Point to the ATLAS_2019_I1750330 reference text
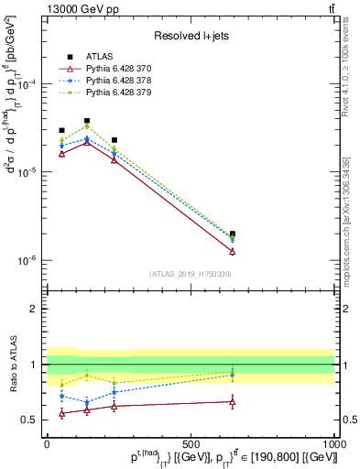point(191,274)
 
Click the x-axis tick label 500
point(191,444)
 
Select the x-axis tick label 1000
point(333,444)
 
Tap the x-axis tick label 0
point(47,444)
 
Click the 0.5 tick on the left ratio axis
point(33,420)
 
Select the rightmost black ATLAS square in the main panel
point(233,234)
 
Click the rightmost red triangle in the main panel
point(233,251)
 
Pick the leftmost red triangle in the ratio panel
point(61,414)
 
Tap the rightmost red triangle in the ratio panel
point(233,401)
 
